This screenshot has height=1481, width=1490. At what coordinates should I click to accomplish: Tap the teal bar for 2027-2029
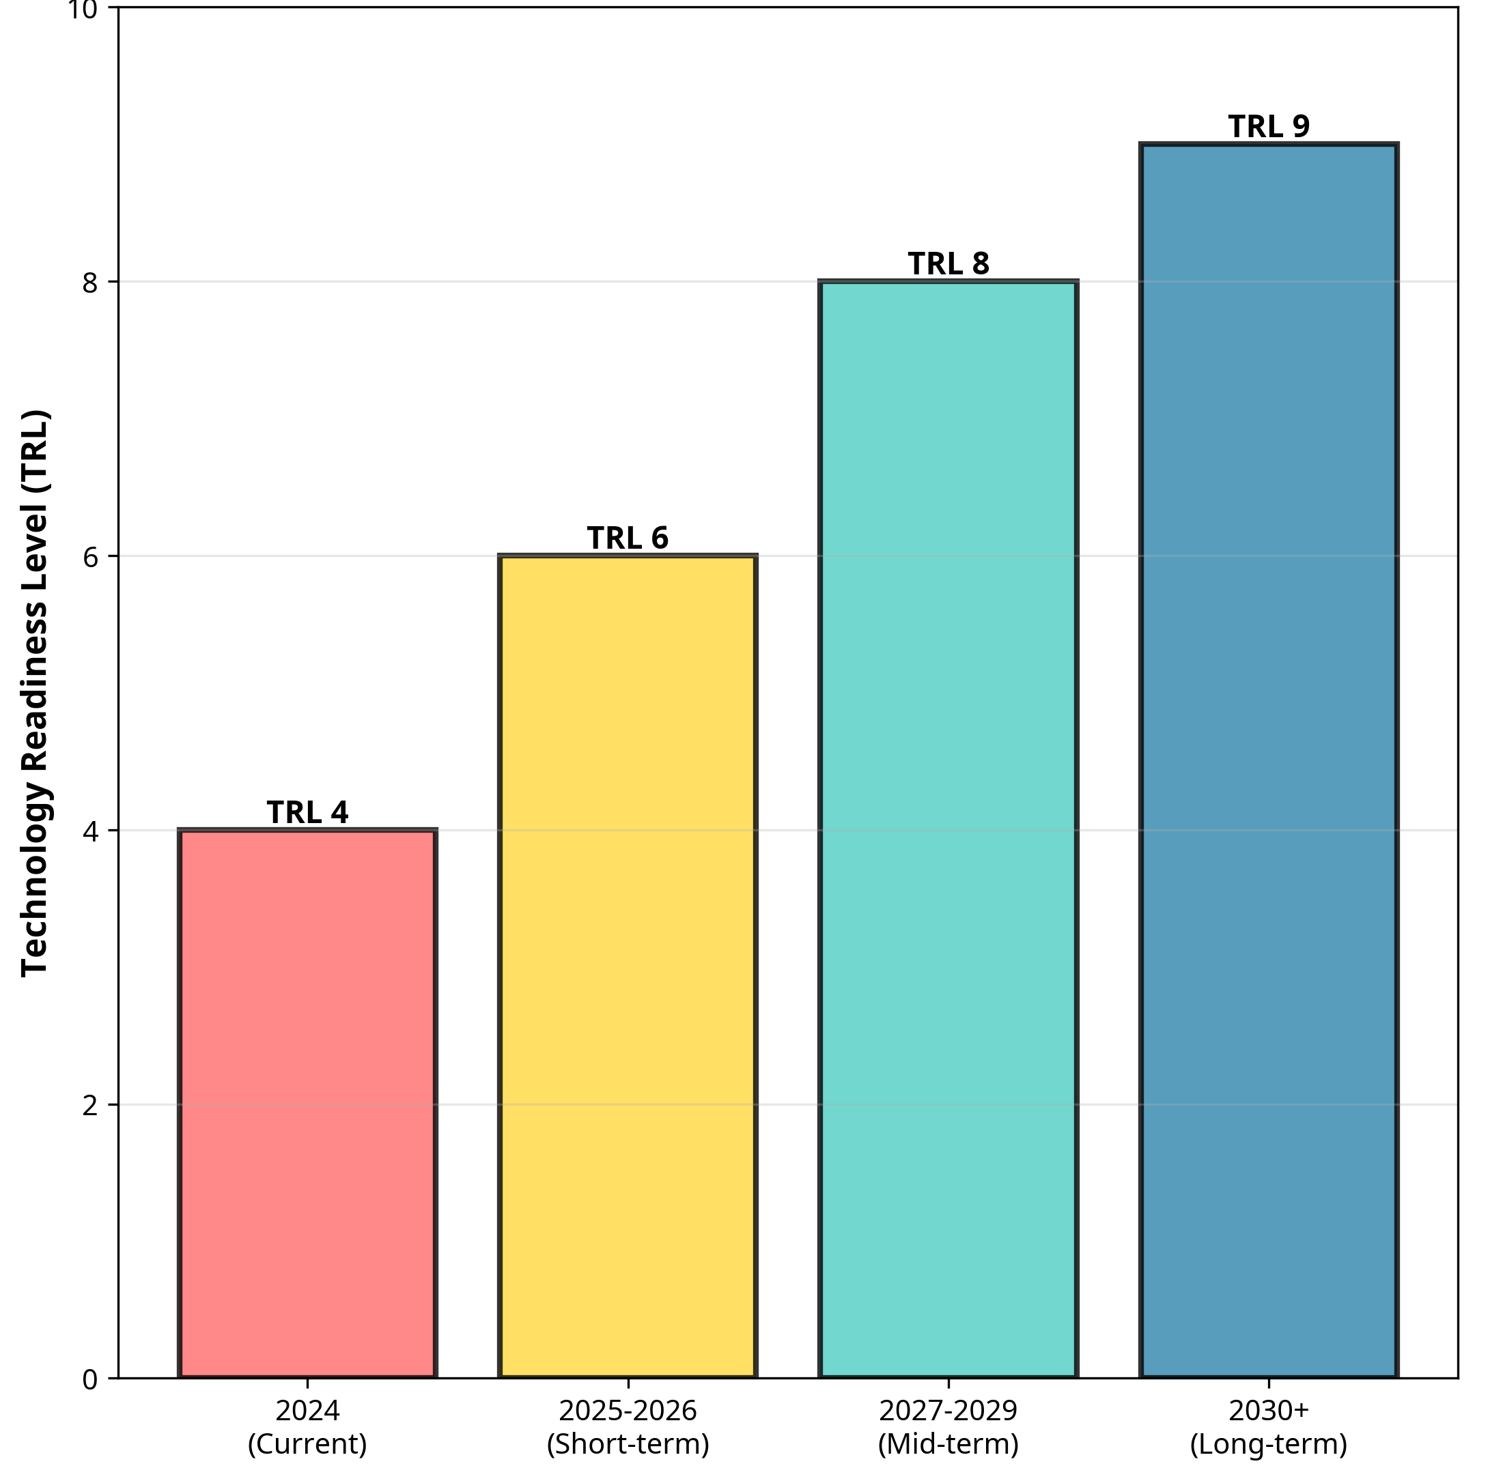click(948, 829)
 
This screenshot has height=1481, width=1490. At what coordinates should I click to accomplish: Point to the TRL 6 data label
click(628, 538)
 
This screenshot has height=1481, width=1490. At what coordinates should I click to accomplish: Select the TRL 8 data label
click(948, 263)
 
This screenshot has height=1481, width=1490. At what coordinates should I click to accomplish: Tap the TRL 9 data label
click(1269, 126)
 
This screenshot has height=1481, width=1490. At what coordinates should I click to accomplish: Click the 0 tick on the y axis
click(90, 1380)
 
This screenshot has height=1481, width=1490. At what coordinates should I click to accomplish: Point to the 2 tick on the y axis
click(90, 1106)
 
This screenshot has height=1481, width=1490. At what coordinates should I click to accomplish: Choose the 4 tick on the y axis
click(90, 831)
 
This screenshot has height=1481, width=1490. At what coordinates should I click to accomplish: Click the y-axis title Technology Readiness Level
click(35, 694)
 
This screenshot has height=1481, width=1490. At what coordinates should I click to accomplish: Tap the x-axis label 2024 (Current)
click(308, 1427)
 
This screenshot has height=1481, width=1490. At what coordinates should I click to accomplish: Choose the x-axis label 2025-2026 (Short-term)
click(628, 1427)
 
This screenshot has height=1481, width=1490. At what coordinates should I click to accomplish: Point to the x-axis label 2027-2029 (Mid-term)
click(948, 1427)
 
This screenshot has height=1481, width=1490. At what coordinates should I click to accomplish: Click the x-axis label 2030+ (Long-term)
click(1269, 1427)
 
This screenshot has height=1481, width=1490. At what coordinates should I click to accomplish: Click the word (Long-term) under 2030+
click(1269, 1444)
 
